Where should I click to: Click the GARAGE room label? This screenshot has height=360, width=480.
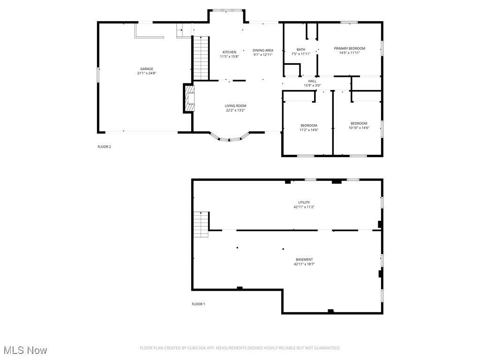tap(146, 69)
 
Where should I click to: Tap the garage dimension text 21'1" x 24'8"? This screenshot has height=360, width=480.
tap(146, 73)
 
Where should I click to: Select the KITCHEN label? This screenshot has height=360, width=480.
tap(229, 52)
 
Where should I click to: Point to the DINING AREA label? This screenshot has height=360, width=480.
tap(262, 50)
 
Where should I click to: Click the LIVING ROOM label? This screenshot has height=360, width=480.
tap(235, 106)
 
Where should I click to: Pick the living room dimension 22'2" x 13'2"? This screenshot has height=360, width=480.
tap(235, 110)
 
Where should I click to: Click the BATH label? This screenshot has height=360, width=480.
tap(301, 49)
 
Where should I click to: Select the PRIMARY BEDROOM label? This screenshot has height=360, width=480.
tap(349, 48)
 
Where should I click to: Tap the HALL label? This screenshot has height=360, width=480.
tap(312, 81)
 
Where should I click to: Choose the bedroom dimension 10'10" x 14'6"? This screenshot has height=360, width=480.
tap(359, 127)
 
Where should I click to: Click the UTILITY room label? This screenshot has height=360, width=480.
tap(304, 202)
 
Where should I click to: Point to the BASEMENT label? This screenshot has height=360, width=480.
tap(304, 260)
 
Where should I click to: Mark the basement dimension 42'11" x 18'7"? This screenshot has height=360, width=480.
tap(304, 264)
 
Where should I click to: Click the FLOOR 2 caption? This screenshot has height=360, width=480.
tap(104, 147)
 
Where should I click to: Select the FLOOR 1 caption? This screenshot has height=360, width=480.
tap(198, 304)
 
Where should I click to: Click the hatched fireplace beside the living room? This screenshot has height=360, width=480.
tap(188, 99)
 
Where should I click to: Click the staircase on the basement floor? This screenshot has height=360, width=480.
tap(201, 224)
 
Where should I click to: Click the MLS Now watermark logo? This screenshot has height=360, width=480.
tap(25, 350)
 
